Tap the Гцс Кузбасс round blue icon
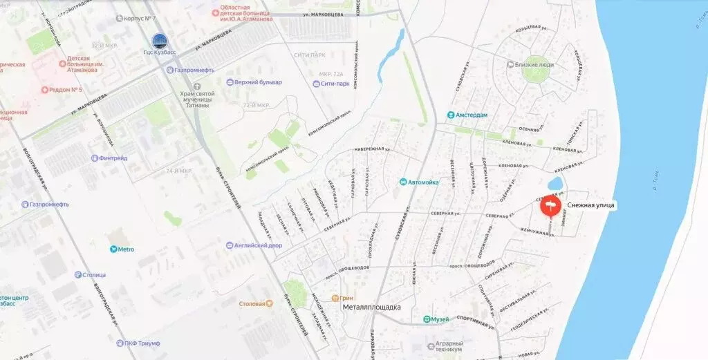pos(159,41)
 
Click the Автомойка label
pos(418,182)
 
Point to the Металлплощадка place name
pos(371,307)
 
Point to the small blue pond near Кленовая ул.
pos(555,184)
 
